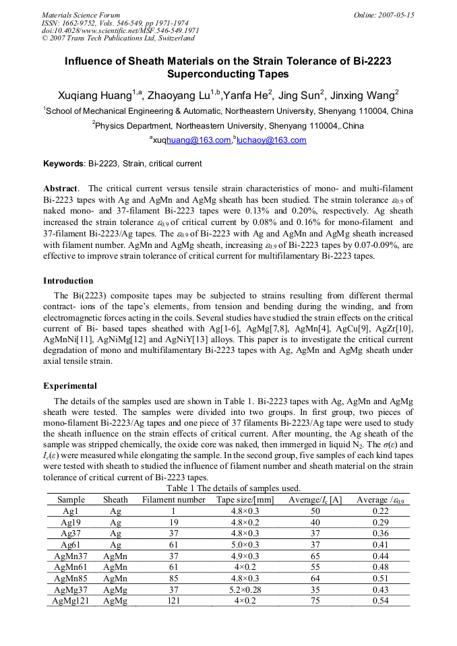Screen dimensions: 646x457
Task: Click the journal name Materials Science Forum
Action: click(x=81, y=15)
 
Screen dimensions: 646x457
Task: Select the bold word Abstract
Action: click(x=61, y=189)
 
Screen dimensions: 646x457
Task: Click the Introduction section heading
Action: click(x=68, y=281)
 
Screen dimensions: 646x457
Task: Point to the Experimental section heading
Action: click(x=70, y=386)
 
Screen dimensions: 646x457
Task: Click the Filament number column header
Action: click(x=174, y=500)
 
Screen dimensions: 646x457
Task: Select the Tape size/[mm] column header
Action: click(x=245, y=500)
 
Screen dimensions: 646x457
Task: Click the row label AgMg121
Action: click(x=71, y=601)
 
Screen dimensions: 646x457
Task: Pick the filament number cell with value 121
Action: click(x=174, y=601)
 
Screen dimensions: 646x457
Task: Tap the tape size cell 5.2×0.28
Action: click(x=245, y=590)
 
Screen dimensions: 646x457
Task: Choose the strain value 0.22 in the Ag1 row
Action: click(x=380, y=511)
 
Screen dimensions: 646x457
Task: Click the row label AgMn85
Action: click(x=71, y=579)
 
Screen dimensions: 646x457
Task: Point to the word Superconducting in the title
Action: click(x=228, y=74)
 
